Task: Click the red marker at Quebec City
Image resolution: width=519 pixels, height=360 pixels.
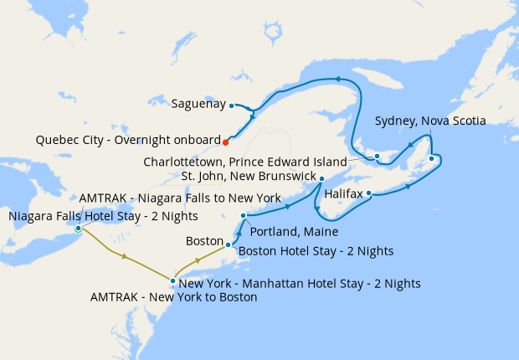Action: coord(225,141)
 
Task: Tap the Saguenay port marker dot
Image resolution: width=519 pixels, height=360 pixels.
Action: coord(232,105)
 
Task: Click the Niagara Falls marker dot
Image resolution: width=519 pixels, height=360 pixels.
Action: coord(78,228)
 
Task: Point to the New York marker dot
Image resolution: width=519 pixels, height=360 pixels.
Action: coord(172,281)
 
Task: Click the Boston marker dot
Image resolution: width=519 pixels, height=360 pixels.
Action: coord(228,245)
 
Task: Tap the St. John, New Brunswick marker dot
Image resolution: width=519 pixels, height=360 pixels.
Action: coord(321,177)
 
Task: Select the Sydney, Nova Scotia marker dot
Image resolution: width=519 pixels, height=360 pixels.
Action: coord(431,158)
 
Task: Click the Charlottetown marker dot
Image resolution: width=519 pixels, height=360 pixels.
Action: coord(377,156)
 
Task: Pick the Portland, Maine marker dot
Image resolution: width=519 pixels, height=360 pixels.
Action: coord(243,216)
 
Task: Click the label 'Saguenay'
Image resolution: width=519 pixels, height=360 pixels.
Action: coord(198,105)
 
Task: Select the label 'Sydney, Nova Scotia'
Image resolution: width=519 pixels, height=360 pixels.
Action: coord(430,121)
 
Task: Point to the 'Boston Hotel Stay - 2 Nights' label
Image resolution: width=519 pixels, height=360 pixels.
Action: coord(316,250)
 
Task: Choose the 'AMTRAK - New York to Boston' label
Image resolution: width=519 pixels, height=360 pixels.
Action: coord(172,297)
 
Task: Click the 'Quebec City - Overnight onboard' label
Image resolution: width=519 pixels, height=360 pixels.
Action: coord(128,140)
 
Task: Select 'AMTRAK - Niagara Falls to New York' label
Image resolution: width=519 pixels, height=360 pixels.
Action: coord(180,198)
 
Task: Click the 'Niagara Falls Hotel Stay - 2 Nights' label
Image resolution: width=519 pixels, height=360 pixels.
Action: coord(103,216)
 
